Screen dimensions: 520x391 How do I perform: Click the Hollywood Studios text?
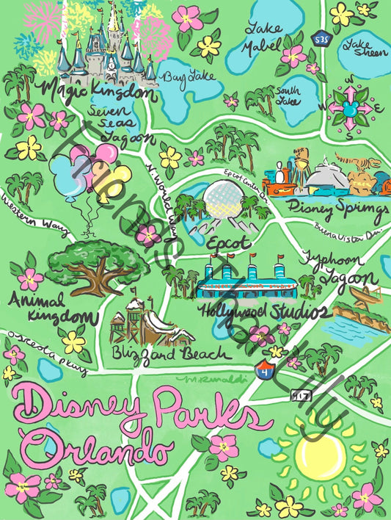point(260,313)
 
